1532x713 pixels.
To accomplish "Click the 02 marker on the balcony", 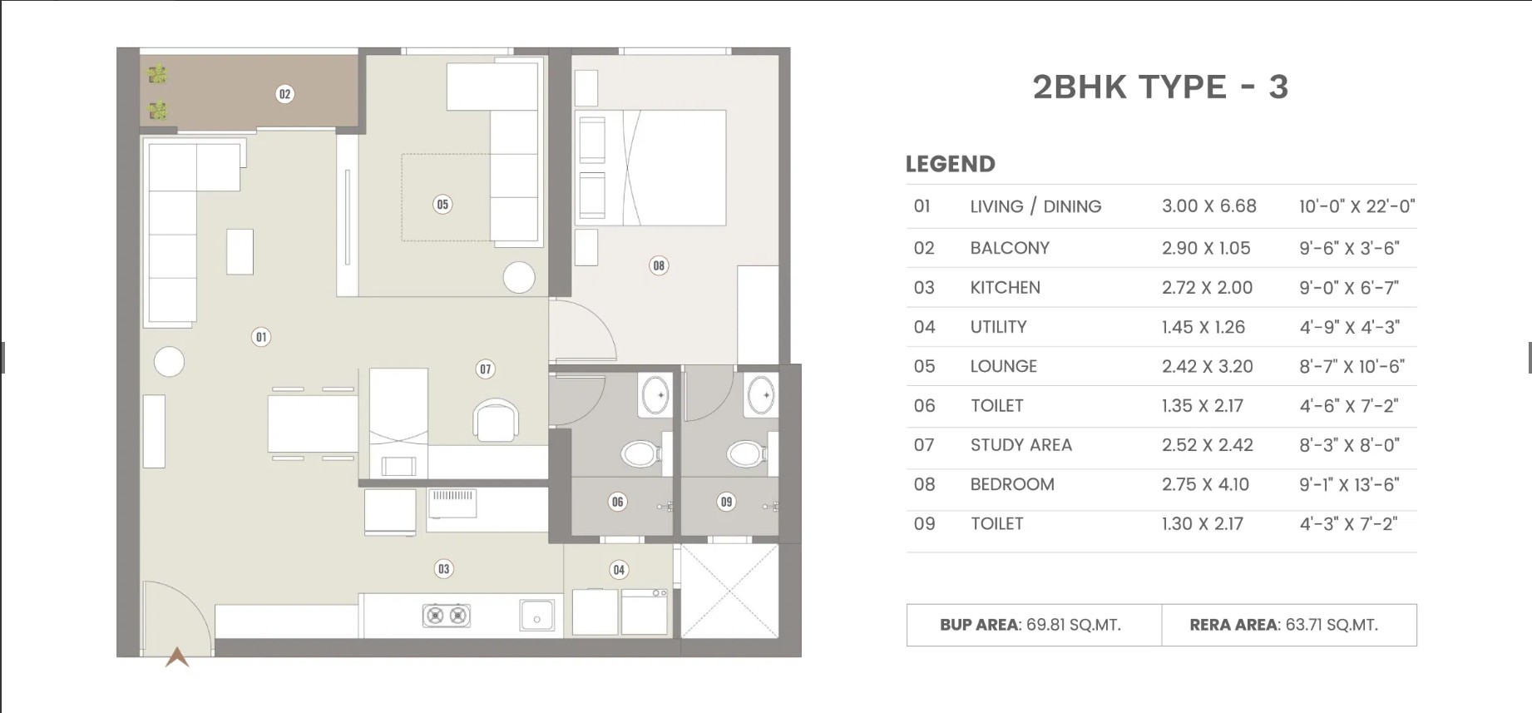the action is point(284,94).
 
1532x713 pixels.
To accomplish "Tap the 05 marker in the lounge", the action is point(442,204).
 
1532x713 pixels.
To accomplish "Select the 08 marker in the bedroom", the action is point(659,265).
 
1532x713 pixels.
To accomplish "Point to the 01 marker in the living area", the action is point(261,337).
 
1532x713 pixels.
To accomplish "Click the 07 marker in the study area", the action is point(485,369).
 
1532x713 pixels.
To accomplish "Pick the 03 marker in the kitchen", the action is point(443,569).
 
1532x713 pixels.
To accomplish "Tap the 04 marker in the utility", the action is point(619,570).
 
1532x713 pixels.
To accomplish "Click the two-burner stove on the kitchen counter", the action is point(447,616).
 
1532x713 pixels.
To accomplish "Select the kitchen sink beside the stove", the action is point(537,616).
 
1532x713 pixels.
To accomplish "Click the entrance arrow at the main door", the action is point(177,657).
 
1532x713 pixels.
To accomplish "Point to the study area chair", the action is point(496,419).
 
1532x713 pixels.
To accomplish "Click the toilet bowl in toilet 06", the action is point(640,453).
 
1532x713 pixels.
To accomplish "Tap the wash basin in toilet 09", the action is point(761,396).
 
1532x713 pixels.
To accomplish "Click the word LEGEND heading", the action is point(951,164).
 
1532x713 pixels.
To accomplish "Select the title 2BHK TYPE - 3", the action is point(1160,87).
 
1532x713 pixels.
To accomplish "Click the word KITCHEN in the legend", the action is point(1005,288).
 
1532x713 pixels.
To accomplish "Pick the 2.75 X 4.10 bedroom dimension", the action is point(1205,484).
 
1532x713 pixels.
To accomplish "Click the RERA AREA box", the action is point(1289,625).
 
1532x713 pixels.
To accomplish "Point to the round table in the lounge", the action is point(519,278).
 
